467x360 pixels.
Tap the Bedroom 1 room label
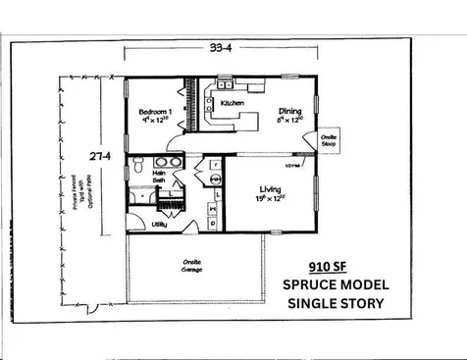coord(157,112)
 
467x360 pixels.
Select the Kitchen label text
coord(233,102)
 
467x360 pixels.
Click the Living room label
coord(270,189)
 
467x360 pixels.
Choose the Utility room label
coord(158,225)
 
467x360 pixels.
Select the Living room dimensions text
coord(271,199)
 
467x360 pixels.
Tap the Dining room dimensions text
coord(291,122)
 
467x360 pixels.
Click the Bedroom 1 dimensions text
coord(157,122)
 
